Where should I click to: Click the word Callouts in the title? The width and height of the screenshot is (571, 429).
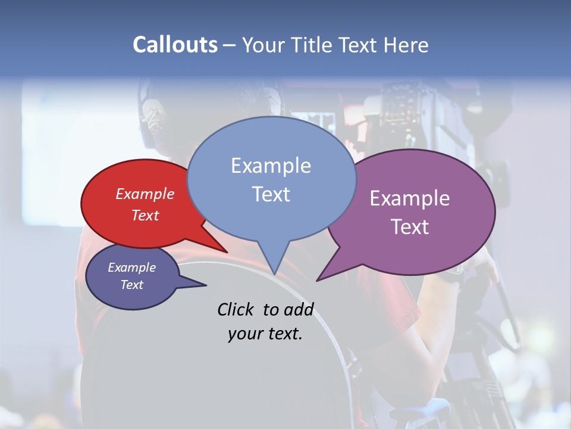click(175, 45)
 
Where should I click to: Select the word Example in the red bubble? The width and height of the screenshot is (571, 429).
click(145, 194)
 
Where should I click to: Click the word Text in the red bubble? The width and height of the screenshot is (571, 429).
click(145, 215)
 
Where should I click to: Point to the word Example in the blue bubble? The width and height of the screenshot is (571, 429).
click(271, 166)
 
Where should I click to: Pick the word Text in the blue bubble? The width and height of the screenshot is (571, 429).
click(271, 194)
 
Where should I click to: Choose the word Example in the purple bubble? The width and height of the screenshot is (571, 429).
click(410, 198)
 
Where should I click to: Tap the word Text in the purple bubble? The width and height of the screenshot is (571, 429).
click(410, 227)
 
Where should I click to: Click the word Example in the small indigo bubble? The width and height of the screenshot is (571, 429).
click(131, 268)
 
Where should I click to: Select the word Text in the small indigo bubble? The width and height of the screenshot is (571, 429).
click(131, 285)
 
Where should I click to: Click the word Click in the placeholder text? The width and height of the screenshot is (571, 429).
click(237, 309)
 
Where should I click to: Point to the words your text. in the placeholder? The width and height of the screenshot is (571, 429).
click(265, 334)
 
